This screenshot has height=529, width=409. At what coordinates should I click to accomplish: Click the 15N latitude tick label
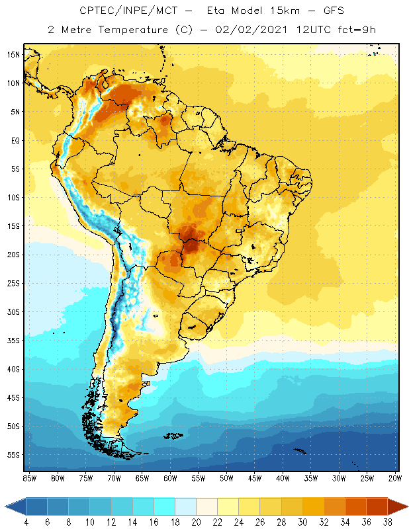pos(13,54)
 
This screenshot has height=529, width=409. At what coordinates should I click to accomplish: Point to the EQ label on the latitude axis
pos(15,140)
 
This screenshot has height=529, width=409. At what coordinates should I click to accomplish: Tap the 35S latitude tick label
pos(13,341)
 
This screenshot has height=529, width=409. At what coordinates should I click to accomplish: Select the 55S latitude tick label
pos(13,455)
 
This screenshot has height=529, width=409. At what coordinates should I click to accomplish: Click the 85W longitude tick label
pos(29,478)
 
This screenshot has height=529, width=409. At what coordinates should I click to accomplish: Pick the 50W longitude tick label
pos(227,478)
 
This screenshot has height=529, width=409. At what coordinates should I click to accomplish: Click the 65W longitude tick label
pos(142,478)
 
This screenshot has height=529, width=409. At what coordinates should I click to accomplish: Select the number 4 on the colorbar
pos(26,522)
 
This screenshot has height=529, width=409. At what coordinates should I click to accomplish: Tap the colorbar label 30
pos(302,522)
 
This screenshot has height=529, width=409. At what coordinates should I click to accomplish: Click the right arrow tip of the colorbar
pos(406,507)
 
